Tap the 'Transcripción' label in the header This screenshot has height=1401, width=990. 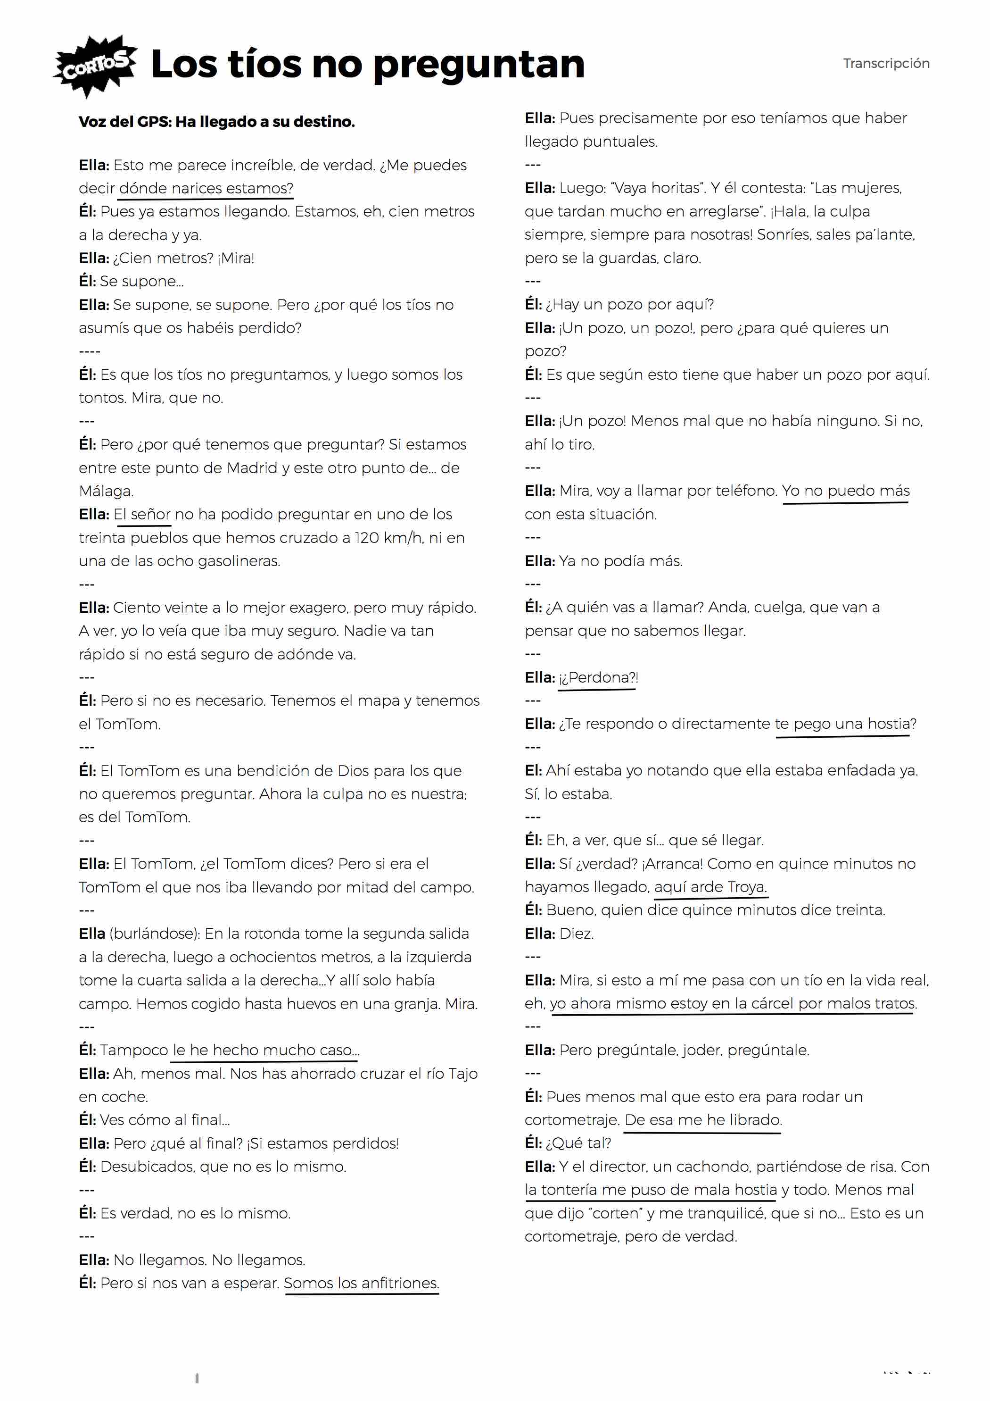coord(886,64)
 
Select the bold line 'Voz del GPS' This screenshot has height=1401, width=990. coord(216,121)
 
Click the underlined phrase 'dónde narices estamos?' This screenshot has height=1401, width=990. coord(206,189)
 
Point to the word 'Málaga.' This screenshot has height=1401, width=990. coord(106,491)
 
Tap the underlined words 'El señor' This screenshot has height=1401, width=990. coord(142,514)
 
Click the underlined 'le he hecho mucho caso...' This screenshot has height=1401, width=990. coord(266,1050)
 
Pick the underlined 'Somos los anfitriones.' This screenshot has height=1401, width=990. coord(361,1283)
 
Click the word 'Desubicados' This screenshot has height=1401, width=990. coord(147,1167)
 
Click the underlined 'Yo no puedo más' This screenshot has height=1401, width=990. coord(845,491)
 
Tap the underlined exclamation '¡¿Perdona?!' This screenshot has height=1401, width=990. coord(598,677)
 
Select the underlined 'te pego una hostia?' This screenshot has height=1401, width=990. coord(845,724)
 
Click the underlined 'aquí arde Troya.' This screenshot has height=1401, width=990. coord(710,887)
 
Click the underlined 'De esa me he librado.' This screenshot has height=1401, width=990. coord(703,1120)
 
